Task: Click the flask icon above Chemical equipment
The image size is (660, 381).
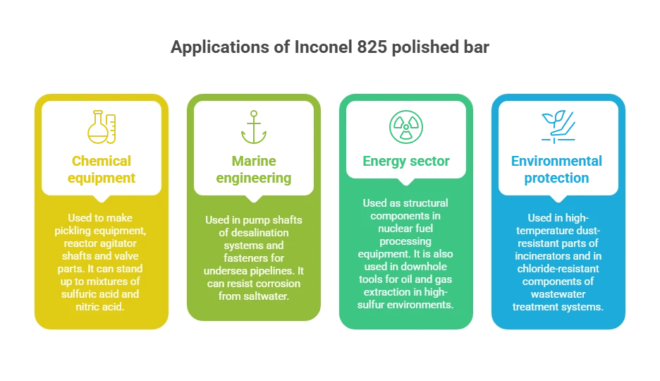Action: (102, 127)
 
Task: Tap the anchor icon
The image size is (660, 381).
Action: (254, 127)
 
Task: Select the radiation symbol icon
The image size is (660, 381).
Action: (406, 127)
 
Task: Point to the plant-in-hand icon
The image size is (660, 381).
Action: (558, 127)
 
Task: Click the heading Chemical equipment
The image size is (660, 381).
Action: (102, 169)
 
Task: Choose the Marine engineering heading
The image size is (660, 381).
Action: (254, 169)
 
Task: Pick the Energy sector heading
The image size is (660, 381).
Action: (406, 162)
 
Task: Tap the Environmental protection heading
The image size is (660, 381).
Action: (556, 169)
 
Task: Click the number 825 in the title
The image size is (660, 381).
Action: (372, 47)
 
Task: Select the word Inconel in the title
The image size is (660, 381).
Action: (324, 47)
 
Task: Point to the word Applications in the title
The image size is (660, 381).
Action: (220, 47)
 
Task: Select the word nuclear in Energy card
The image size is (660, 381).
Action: (394, 228)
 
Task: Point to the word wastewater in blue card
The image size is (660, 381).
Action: (558, 294)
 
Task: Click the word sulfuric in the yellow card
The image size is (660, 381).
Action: (78, 294)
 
